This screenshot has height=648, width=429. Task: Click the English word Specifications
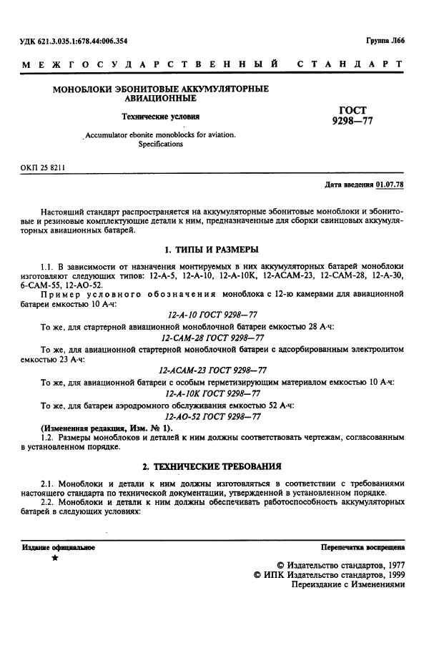coord(161,144)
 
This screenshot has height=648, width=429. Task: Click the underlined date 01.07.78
coord(390,185)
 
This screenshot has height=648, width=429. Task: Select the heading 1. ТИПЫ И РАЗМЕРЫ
coord(212,250)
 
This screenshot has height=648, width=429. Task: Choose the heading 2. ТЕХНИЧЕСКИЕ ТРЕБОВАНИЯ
coord(212,466)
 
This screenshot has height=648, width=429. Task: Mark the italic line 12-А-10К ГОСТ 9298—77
coord(213,393)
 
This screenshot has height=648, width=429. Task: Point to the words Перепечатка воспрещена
coord(363,547)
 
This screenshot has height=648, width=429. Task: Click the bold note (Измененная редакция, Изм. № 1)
coord(99,427)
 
